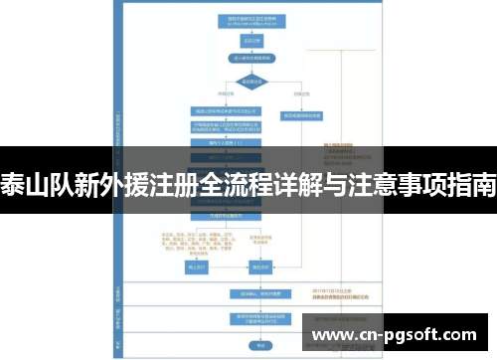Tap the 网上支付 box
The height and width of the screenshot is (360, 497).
point(195,268)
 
